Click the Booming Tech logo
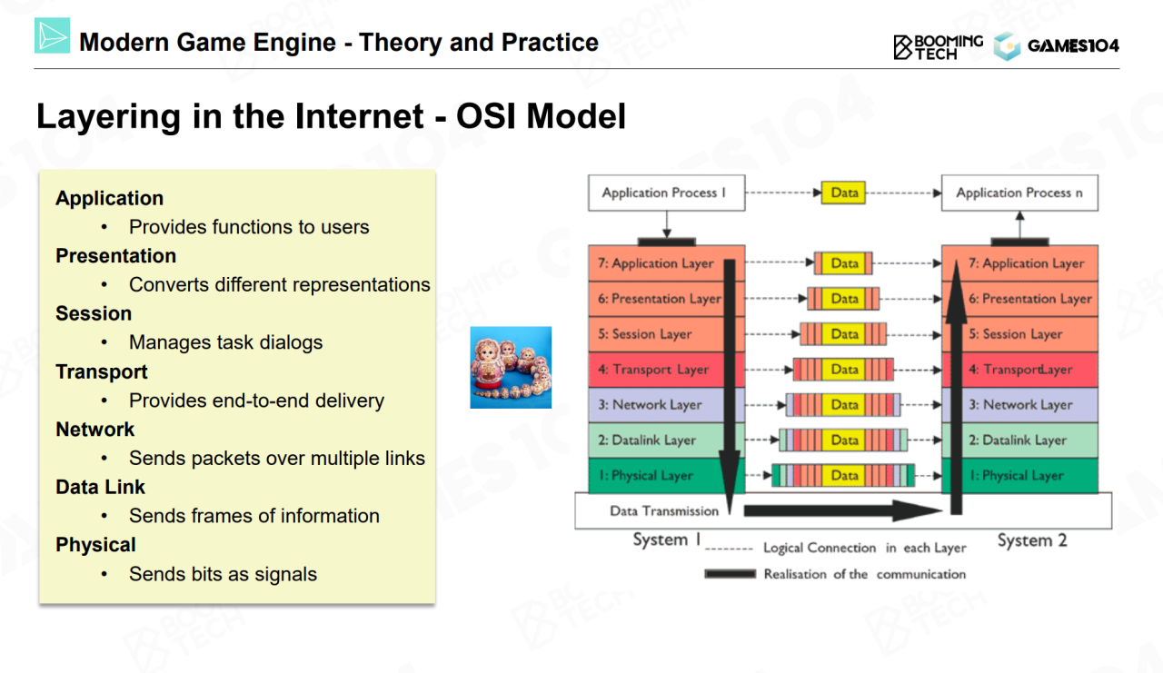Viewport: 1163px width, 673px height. (x=938, y=46)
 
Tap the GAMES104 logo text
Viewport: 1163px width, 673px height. (x=1073, y=46)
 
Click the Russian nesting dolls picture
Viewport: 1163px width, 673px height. (x=511, y=367)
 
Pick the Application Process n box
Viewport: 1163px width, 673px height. (x=1019, y=193)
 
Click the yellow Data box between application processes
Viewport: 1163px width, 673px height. (x=845, y=193)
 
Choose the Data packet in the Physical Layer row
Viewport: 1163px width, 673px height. (x=844, y=475)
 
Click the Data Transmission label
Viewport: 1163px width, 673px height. (x=664, y=510)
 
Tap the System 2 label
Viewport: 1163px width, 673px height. (x=1031, y=540)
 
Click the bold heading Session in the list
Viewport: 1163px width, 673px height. (x=94, y=313)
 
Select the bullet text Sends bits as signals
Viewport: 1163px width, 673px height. (x=223, y=574)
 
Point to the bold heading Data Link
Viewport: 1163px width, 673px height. (x=100, y=487)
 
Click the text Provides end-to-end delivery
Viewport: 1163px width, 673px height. (x=256, y=401)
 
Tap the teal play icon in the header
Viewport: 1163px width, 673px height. (x=52, y=35)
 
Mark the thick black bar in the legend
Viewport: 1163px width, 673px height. (x=730, y=574)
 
